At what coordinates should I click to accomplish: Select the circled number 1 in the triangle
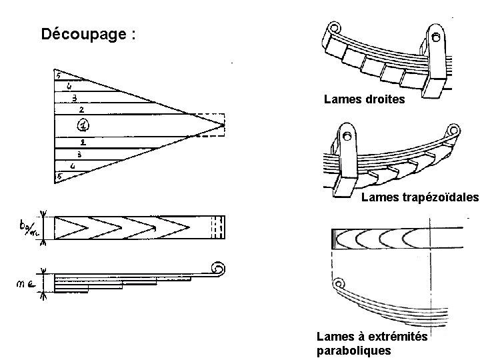click(x=82, y=124)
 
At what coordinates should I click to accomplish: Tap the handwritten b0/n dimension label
click(x=31, y=228)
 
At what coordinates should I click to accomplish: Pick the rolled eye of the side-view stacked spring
click(x=217, y=271)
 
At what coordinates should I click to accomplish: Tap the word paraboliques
click(x=354, y=351)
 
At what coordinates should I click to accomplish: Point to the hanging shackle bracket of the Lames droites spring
click(x=436, y=63)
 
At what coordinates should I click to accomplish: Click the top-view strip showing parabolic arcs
click(x=393, y=238)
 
